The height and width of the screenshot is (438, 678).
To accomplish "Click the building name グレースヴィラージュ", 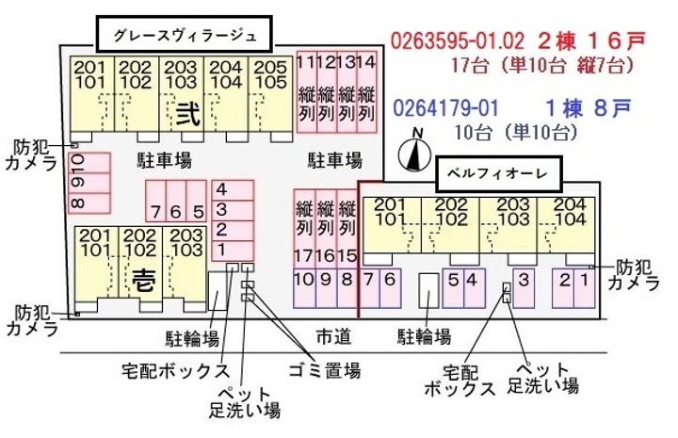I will point(185,37).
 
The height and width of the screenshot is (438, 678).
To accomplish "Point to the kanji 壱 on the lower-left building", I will point(140,280).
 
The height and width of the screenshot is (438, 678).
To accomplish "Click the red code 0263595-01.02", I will point(456,41).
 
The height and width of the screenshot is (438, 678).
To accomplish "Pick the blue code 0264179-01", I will point(444,108).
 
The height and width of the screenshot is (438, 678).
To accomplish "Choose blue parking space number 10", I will point(303,279).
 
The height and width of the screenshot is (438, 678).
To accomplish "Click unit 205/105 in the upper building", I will point(270,75).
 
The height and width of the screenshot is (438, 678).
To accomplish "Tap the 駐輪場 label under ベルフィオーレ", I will point(423,335).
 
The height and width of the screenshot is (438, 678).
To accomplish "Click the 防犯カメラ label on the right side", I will point(633,275).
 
